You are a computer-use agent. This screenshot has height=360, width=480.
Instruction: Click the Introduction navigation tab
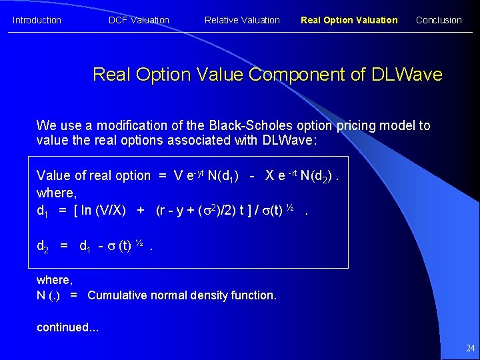click(37, 20)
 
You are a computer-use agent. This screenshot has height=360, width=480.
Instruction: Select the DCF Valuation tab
click(139, 20)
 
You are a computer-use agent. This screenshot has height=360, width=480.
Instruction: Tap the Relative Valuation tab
click(242, 20)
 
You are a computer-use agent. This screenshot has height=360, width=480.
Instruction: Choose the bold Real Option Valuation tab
click(349, 20)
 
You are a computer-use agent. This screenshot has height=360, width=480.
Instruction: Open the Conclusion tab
click(439, 20)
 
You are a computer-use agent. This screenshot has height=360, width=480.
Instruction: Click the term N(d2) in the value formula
click(317, 176)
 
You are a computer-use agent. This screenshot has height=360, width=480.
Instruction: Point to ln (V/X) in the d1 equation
click(101, 211)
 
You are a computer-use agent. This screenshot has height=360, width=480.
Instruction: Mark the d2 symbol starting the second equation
click(42, 246)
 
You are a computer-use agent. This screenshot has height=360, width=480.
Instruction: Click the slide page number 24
click(470, 348)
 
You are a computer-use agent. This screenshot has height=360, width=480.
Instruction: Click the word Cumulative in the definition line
click(116, 295)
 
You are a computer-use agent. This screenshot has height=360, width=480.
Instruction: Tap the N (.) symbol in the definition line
click(48, 295)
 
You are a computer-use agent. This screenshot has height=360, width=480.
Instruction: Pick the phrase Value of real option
click(93, 176)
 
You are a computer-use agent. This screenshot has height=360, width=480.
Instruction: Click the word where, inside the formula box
click(56, 193)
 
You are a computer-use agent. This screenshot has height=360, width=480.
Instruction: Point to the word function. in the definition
click(254, 295)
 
